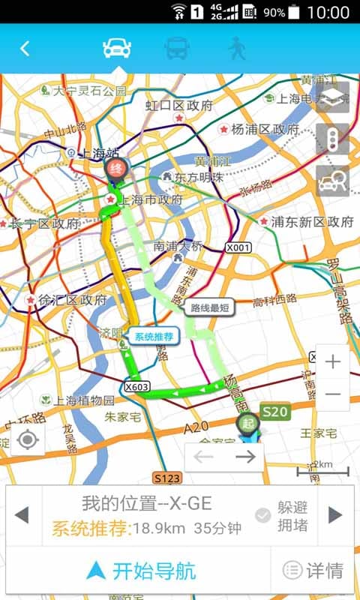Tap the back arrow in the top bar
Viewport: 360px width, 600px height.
pyautogui.click(x=25, y=49)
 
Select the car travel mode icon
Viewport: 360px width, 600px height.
pyautogui.click(x=117, y=48)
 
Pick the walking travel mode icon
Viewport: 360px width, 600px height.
pyautogui.click(x=237, y=48)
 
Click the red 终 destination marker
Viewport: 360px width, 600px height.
pyautogui.click(x=115, y=169)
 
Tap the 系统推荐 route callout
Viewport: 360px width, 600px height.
pyautogui.click(x=154, y=337)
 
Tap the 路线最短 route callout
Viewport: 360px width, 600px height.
pyautogui.click(x=210, y=307)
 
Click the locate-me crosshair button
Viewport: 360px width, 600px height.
pyautogui.click(x=28, y=439)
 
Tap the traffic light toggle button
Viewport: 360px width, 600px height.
pyautogui.click(x=332, y=139)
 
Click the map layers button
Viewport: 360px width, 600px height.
pyautogui.click(x=332, y=97)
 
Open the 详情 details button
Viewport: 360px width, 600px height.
pyautogui.click(x=313, y=571)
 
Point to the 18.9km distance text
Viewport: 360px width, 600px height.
pyautogui.click(x=160, y=528)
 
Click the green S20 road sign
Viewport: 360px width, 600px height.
pyautogui.click(x=274, y=411)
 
